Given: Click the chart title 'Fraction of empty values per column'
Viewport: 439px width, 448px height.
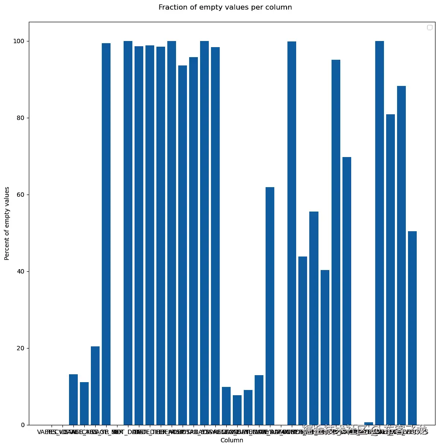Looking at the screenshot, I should [x=225, y=7].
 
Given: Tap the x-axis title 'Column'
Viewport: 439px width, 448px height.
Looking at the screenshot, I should [x=232, y=441].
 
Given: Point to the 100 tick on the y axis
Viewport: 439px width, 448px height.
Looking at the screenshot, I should [x=20, y=41].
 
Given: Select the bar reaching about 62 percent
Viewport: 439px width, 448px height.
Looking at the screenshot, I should [x=270, y=305].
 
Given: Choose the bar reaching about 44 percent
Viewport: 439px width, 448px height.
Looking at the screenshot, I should [x=303, y=340].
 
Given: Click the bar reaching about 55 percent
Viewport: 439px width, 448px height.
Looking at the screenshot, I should [x=314, y=318].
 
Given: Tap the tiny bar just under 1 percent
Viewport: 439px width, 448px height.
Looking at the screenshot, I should [x=369, y=424].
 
